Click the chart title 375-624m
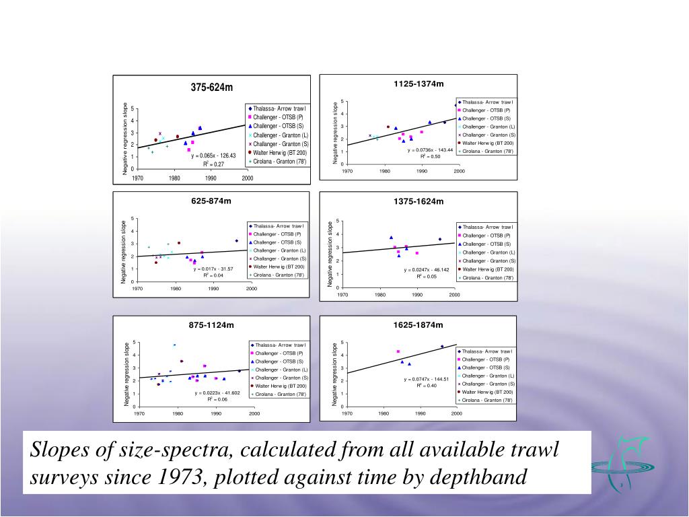pyautogui.click(x=211, y=88)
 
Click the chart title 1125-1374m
pyautogui.click(x=419, y=83)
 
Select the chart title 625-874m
pyautogui.click(x=211, y=201)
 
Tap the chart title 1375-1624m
pyautogui.click(x=419, y=201)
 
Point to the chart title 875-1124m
pyautogui.click(x=211, y=325)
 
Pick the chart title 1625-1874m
pyautogui.click(x=419, y=325)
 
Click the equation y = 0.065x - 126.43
pyautogui.click(x=214, y=156)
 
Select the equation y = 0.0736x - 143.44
pyautogui.click(x=430, y=149)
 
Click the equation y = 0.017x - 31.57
pyautogui.click(x=213, y=269)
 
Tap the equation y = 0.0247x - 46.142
pyautogui.click(x=427, y=269)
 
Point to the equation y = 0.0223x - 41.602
pyautogui.click(x=217, y=392)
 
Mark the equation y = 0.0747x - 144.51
pyautogui.click(x=427, y=379)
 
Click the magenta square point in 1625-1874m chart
pyautogui.click(x=398, y=351)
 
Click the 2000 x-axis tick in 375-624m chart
pyautogui.click(x=248, y=178)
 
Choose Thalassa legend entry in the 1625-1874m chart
pyautogui.click(x=487, y=351)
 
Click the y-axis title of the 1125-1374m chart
pyautogui.click(x=336, y=132)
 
